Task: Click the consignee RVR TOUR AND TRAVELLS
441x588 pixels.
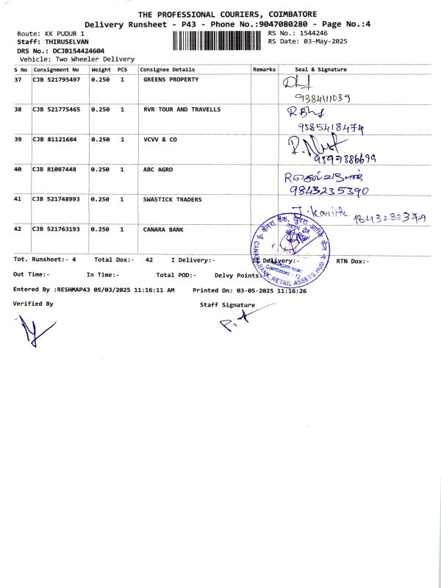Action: click(x=182, y=110)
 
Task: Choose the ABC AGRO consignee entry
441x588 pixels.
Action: click(x=158, y=169)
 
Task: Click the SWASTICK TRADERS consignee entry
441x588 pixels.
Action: click(x=173, y=199)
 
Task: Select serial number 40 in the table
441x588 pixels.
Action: click(x=18, y=169)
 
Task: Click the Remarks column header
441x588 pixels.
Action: click(x=264, y=69)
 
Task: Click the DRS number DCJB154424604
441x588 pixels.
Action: click(x=73, y=51)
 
